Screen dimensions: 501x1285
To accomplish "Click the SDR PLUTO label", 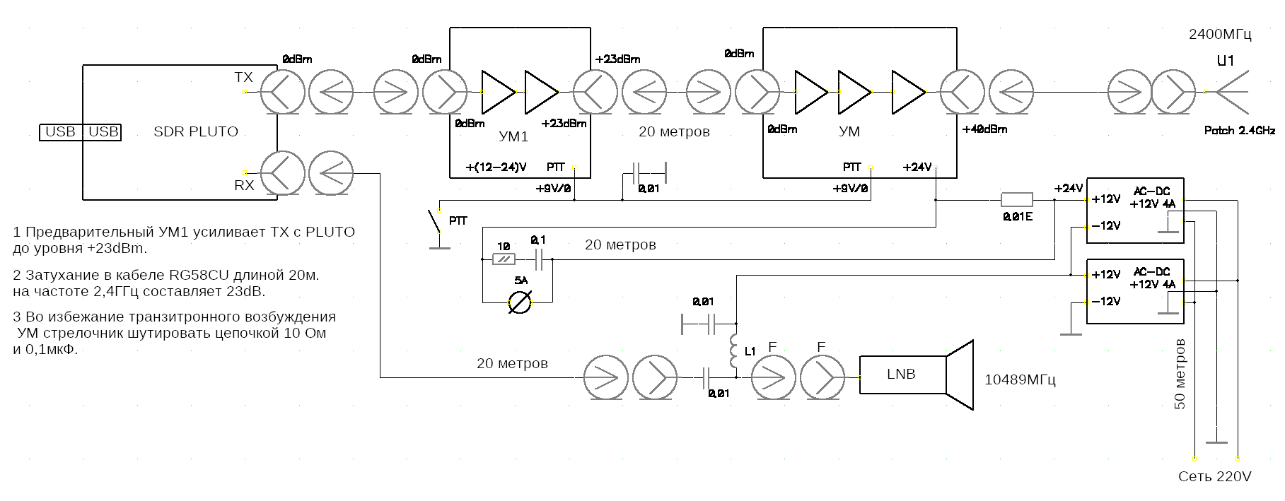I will [196, 131].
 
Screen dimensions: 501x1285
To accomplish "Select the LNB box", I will [902, 375].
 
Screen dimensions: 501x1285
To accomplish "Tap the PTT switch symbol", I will [435, 222].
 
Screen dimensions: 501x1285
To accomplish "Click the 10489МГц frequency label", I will [1020, 380].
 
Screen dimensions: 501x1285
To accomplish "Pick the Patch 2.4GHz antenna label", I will [1239, 131].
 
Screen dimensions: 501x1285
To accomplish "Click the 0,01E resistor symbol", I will [1016, 200].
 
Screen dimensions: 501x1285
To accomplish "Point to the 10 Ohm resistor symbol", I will [504, 259].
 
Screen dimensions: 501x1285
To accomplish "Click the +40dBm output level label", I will [984, 129].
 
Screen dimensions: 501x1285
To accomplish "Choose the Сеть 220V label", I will [1214, 477].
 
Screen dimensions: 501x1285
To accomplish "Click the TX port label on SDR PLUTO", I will [243, 77].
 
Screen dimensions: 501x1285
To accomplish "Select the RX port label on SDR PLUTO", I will [244, 186].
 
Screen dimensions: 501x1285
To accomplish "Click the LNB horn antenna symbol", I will [960, 375].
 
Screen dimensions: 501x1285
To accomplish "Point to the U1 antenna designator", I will [1225, 61].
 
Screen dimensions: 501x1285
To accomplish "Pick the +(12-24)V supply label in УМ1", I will [496, 167].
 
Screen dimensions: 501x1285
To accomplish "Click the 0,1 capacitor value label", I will [538, 241].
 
